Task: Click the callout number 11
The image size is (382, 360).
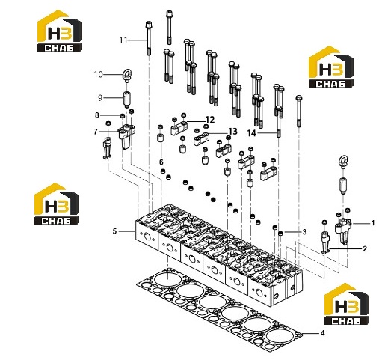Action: [123, 40]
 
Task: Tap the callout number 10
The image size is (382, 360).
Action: [98, 74]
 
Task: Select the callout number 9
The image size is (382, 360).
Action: [100, 98]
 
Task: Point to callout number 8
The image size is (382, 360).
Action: [97, 115]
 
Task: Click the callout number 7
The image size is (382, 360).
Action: [96, 132]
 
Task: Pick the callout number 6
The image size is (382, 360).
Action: [161, 162]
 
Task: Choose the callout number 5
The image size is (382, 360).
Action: [114, 231]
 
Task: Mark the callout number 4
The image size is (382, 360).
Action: [322, 333]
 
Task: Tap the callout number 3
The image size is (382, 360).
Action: [304, 232]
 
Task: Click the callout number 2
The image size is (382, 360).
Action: [365, 248]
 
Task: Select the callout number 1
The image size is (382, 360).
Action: [373, 223]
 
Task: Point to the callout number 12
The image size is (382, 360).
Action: [210, 120]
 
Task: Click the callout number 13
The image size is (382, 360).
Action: [233, 132]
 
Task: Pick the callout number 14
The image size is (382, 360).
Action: [252, 133]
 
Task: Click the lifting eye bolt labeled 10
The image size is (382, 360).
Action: [127, 75]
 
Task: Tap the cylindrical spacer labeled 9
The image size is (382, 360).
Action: [127, 99]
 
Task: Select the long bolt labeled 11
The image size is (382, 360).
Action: [149, 38]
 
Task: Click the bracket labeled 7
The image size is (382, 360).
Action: [127, 136]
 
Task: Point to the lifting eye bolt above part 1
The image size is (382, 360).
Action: [343, 162]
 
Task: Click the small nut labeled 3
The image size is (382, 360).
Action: [280, 234]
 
